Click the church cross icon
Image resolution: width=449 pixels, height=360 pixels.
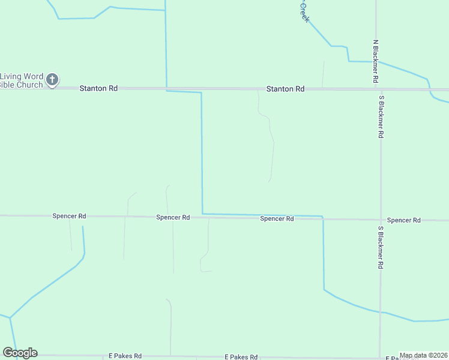pyautogui.click(x=52, y=79)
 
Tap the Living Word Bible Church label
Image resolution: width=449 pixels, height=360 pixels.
pyautogui.click(x=22, y=80)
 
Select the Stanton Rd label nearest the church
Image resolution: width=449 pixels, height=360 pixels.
pyautogui.click(x=98, y=88)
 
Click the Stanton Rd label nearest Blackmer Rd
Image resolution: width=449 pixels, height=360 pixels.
pyautogui.click(x=285, y=89)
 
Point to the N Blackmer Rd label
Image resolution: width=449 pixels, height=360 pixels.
pyautogui.click(x=375, y=62)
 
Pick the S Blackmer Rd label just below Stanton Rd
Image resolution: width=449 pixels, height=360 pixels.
pyautogui.click(x=381, y=116)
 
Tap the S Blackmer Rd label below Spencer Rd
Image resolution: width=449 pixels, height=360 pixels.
pyautogui.click(x=381, y=247)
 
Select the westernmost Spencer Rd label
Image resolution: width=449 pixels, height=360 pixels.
pyautogui.click(x=69, y=216)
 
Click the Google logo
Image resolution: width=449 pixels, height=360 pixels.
pyautogui.click(x=20, y=353)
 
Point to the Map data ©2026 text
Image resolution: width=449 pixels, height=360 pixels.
pyautogui.click(x=423, y=355)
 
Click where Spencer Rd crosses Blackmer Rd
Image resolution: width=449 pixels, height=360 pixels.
pyautogui.click(x=380, y=220)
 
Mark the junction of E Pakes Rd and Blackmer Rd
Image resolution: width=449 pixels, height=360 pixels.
pyautogui.click(x=379, y=358)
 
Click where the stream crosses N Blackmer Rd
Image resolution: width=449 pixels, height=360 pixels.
pyautogui.click(x=376, y=62)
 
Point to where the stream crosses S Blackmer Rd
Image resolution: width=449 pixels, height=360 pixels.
pyautogui.click(x=380, y=312)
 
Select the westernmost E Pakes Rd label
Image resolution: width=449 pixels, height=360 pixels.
pyautogui.click(x=125, y=356)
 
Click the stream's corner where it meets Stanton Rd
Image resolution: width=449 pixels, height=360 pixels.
pyautogui.click(x=166, y=89)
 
